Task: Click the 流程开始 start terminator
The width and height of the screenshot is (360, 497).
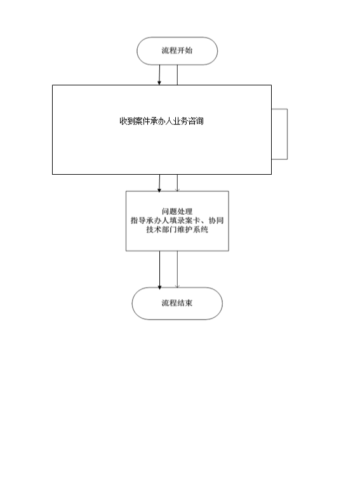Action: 177,51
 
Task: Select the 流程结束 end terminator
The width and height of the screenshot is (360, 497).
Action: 177,303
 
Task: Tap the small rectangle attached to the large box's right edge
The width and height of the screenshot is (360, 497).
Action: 279,134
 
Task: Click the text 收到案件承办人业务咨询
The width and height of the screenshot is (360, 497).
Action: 161,121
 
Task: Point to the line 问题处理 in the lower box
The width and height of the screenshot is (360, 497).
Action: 177,212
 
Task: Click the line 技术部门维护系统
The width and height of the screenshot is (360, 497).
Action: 177,229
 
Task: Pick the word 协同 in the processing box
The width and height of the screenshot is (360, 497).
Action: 216,221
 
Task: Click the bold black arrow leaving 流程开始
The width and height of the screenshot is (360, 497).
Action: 159,75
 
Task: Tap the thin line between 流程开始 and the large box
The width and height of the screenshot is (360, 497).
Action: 177,75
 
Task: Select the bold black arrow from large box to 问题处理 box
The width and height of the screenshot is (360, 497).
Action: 159,183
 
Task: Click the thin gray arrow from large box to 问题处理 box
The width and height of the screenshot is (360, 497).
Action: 177,183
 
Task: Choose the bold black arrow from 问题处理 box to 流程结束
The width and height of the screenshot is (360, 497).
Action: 159,270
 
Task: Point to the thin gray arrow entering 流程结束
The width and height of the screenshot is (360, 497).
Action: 177,269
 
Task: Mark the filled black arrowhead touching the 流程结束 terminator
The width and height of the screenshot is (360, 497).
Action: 159,287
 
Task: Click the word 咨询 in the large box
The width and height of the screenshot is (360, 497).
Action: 196,121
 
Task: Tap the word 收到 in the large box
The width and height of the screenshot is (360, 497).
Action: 127,121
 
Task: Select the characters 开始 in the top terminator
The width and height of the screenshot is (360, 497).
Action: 185,51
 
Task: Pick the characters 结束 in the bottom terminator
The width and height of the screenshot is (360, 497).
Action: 185,303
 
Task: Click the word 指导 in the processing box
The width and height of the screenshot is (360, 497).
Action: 138,221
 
